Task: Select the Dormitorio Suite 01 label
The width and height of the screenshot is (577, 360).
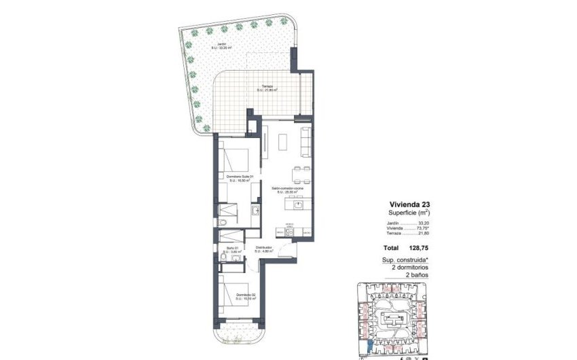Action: point(240,178)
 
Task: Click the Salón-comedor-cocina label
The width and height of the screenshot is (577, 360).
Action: point(285,190)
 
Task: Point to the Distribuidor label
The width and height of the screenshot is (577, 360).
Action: point(263,249)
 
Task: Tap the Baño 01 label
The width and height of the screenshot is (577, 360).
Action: point(232,249)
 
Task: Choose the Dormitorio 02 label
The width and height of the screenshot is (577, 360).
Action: point(246,295)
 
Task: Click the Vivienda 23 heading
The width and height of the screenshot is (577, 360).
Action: point(409,204)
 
